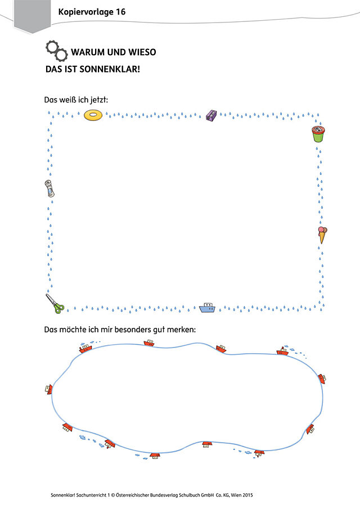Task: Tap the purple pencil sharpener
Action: tap(211, 115)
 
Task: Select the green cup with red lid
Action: tap(318, 134)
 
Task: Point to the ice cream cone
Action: tap(322, 235)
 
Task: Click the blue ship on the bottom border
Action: tap(207, 308)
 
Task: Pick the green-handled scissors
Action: tap(55, 304)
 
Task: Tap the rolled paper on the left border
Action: tap(49, 188)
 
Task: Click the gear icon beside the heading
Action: tap(56, 51)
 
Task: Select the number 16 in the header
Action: tap(120, 12)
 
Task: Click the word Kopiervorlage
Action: tap(85, 12)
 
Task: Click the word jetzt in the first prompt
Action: tap(98, 100)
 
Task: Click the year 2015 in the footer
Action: tap(247, 495)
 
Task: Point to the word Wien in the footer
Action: tap(236, 495)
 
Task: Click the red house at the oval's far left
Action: tap(48, 389)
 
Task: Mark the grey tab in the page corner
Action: tap(33, 16)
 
